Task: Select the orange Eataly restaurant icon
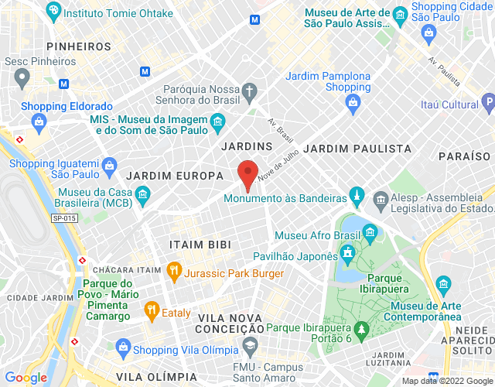[151, 313]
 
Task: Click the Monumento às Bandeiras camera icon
[357, 194]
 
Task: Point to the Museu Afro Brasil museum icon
[370, 232]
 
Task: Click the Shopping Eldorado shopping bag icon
[38, 121]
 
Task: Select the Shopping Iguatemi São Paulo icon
[109, 166]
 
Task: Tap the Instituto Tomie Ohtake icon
[53, 12]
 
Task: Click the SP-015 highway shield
[65, 219]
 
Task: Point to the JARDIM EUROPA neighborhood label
[175, 176]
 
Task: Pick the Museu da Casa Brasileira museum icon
[142, 197]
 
